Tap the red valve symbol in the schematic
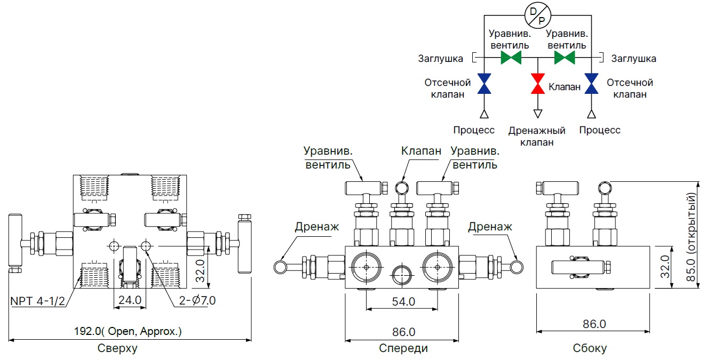tap(538, 84)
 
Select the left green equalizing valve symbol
tap(511, 58)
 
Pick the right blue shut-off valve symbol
tap(591, 84)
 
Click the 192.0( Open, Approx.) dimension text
tap(128, 331)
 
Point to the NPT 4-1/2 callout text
tap(38, 301)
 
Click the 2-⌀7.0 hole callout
tap(197, 301)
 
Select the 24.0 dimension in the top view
tap(130, 300)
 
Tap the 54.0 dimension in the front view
tap(403, 302)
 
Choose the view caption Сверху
tap(117, 349)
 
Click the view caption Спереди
tap(403, 349)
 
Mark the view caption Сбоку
tap(590, 349)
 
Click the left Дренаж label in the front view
tap(316, 227)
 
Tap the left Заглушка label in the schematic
tap(441, 58)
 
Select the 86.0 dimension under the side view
tap(594, 324)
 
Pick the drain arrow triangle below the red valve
tap(538, 113)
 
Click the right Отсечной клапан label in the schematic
tap(630, 89)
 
